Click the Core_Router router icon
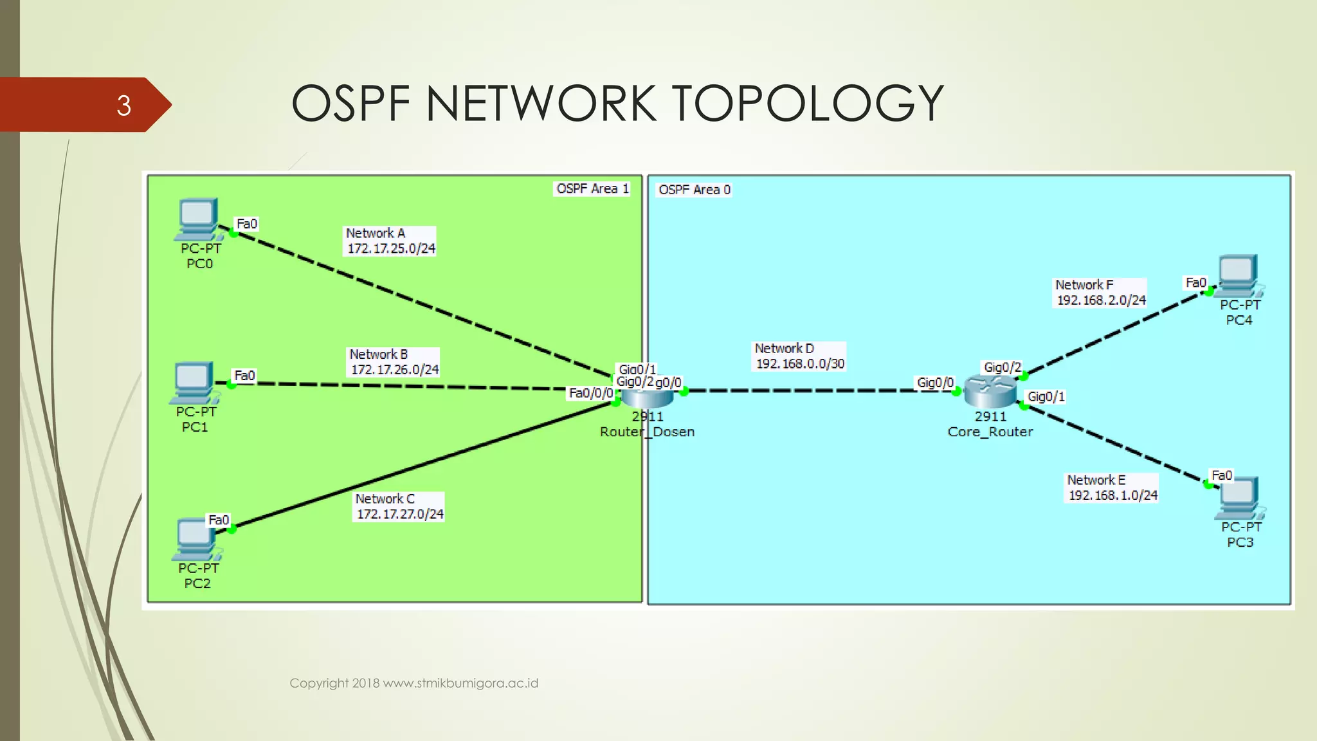[x=990, y=390]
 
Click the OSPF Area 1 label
[x=592, y=188]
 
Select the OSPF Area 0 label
[x=695, y=190]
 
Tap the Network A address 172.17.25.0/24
[x=391, y=248]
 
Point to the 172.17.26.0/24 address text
[x=395, y=369]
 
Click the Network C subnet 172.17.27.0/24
[x=400, y=514]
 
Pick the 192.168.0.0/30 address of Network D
[x=800, y=363]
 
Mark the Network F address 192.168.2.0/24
[x=1101, y=300]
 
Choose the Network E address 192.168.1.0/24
[x=1113, y=495]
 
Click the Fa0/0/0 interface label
[x=591, y=393]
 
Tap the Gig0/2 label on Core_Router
[x=1002, y=367]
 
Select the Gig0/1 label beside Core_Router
[x=1046, y=396]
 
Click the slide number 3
[x=123, y=105]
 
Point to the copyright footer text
[x=413, y=683]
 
